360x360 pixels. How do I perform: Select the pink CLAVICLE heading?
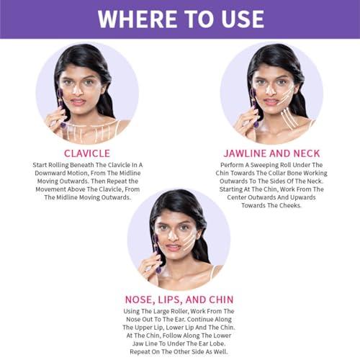click(x=88, y=153)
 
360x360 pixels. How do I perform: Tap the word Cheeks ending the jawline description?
click(x=292, y=205)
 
